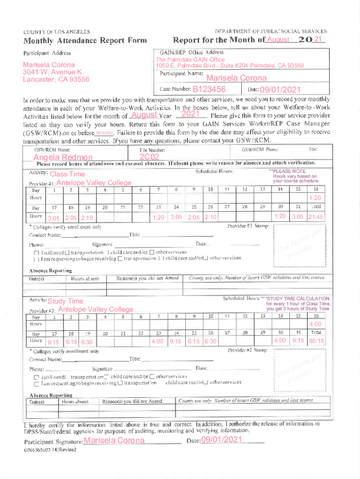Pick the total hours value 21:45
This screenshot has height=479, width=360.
click(317, 218)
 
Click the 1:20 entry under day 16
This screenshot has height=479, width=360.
click(315, 198)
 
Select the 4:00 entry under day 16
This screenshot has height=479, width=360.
click(315, 324)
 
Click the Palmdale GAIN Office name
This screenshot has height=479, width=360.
click(190, 60)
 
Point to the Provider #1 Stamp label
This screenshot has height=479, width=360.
click(248, 226)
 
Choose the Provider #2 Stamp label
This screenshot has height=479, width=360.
click(248, 350)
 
